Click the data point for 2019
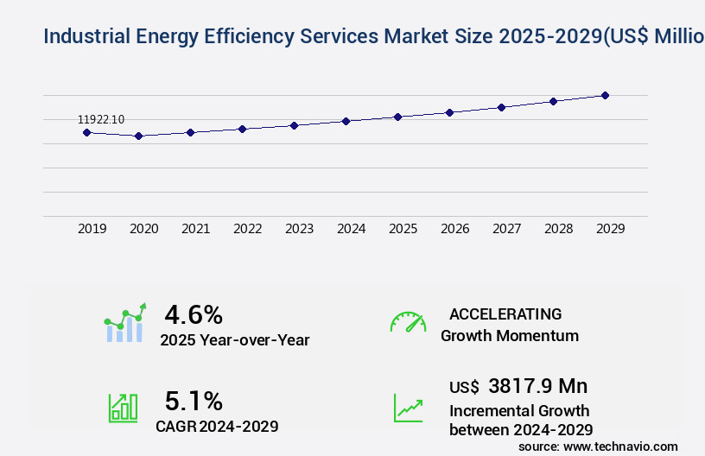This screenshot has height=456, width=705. tap(86, 132)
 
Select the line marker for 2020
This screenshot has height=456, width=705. tap(138, 136)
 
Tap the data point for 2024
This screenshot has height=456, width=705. tap(346, 121)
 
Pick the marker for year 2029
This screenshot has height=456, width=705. tap(605, 95)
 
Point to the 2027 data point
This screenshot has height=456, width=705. tap(501, 107)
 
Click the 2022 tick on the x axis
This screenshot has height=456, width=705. tap(248, 229)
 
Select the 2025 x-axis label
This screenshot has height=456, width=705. tap(403, 229)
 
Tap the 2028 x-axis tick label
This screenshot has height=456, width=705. tap(559, 229)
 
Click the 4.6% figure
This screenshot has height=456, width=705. tap(194, 313)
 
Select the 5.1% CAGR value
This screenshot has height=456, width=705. tap(194, 401)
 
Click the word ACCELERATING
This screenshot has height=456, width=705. tap(505, 313)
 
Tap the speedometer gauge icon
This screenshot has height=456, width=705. tap(408, 322)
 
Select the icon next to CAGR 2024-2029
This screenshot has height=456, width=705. tap(123, 408)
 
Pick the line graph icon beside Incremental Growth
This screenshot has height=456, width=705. tap(408, 408)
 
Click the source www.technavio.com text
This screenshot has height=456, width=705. tap(598, 446)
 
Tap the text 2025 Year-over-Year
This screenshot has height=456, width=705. tap(234, 340)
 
